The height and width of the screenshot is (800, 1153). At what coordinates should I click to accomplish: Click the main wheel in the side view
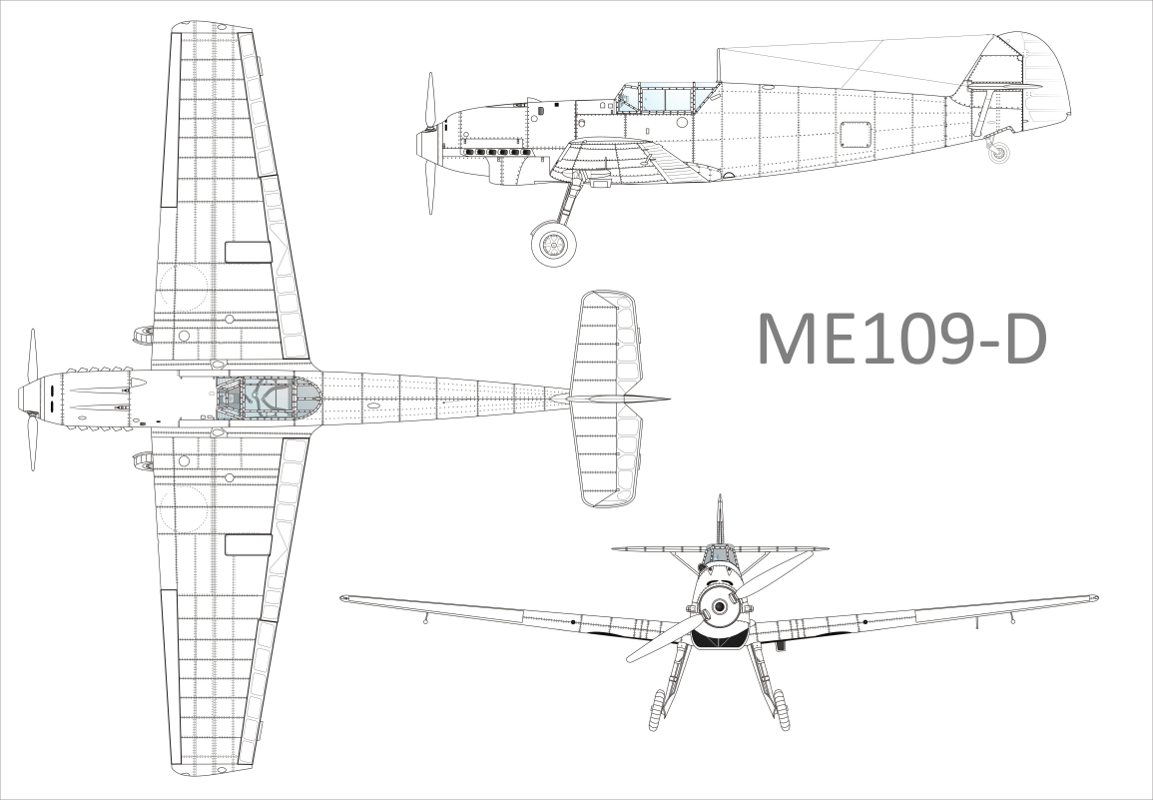click(553, 244)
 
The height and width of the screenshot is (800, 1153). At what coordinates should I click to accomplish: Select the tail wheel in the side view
click(998, 152)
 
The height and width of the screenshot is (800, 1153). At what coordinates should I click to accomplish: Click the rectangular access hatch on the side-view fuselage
click(856, 135)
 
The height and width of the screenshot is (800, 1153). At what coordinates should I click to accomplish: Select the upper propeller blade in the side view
click(430, 101)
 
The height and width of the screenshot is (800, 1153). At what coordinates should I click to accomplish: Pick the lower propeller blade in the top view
click(32, 441)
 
